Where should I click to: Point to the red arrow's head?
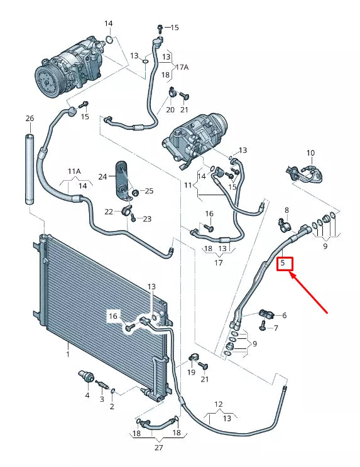pos(290,271)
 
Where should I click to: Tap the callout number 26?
pos(30,119)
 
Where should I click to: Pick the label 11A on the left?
pos(75,171)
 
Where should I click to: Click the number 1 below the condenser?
pos(68,355)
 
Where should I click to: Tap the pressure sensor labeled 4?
pos(84,377)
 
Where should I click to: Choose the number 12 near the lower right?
pos(219,404)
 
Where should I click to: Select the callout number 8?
pos(286,210)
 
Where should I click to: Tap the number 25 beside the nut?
pos(148,190)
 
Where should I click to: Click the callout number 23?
pos(148,219)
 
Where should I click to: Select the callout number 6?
pos(284,316)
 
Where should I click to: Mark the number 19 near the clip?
pos(191,373)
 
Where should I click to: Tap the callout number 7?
pos(275,328)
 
